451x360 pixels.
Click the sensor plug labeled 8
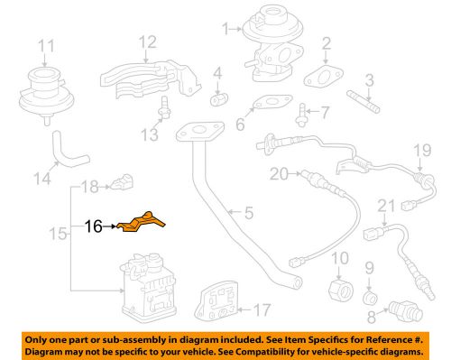pyautogui.click(x=401, y=309)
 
